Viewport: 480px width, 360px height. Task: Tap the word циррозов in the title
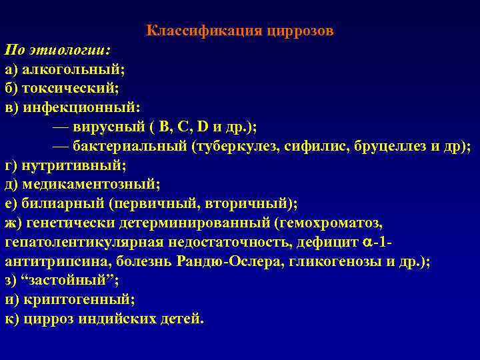300,31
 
